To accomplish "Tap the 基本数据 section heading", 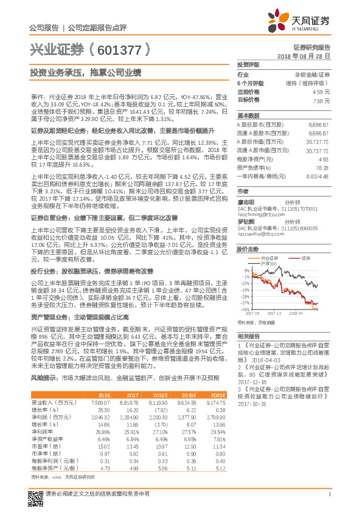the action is point(248,115).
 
